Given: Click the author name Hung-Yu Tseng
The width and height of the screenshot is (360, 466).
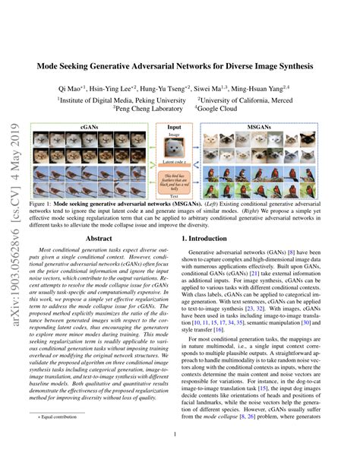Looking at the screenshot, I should tap(201, 88).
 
